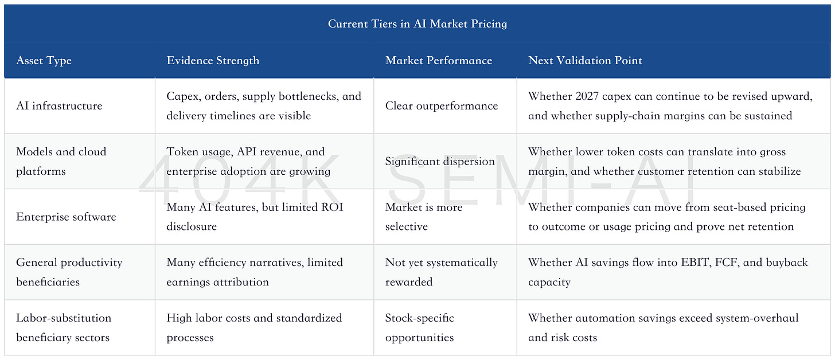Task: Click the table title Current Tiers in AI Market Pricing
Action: coord(417,24)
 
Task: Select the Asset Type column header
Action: coord(44,61)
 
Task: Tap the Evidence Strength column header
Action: coord(213,60)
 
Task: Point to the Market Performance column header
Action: coord(439,60)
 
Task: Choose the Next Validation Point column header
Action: coord(585,60)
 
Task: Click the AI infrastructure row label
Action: coord(59,106)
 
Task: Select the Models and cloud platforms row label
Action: coord(61,161)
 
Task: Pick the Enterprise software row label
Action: coord(66,217)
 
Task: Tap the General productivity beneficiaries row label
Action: coord(69,272)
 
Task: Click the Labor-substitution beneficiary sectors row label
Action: coord(64,327)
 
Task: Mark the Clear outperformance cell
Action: coord(442,106)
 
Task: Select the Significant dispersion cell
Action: coord(440,161)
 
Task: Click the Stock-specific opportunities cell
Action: coord(420,327)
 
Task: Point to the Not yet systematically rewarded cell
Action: coord(442,272)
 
